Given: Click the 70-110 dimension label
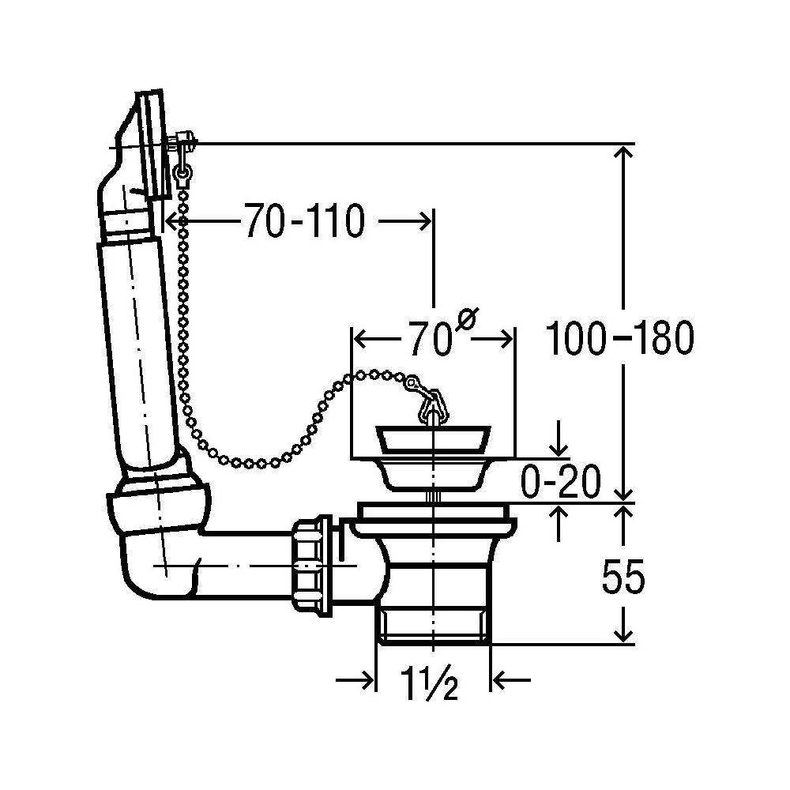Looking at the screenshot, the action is coord(304,220).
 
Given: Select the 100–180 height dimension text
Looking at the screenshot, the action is coord(619,337).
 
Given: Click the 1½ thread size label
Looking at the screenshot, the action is coord(429,683).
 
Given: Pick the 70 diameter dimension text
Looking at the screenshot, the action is coord(430,339).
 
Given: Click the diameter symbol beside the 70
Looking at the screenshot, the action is coord(467,319).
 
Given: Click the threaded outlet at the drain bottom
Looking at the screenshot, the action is coord(433,625).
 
